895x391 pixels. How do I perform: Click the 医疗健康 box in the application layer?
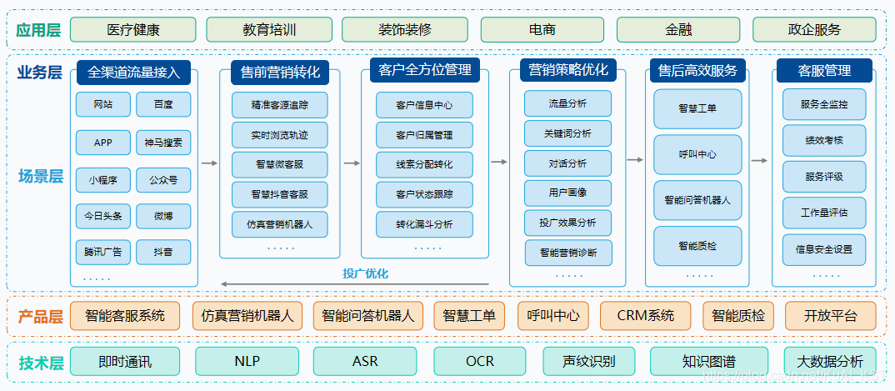133,30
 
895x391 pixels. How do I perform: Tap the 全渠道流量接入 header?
133,72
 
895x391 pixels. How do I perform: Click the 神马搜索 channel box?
163,143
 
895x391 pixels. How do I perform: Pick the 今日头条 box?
102,216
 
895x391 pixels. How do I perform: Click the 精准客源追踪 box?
279,105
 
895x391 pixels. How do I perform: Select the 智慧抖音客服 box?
279,194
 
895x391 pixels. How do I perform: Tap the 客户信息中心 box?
424,105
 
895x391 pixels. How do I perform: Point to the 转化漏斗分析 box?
424,224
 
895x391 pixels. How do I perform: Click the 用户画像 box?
567,193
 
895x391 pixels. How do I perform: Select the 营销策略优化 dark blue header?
568,70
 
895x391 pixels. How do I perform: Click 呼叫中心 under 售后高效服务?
697,154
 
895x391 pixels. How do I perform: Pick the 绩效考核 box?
824,141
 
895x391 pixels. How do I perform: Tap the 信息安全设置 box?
824,249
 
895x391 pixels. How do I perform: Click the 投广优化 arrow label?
365,273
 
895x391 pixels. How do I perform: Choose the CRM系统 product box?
646,316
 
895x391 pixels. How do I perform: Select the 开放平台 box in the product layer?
829,316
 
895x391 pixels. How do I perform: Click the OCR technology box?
480,362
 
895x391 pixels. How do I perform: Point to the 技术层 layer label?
40,363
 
